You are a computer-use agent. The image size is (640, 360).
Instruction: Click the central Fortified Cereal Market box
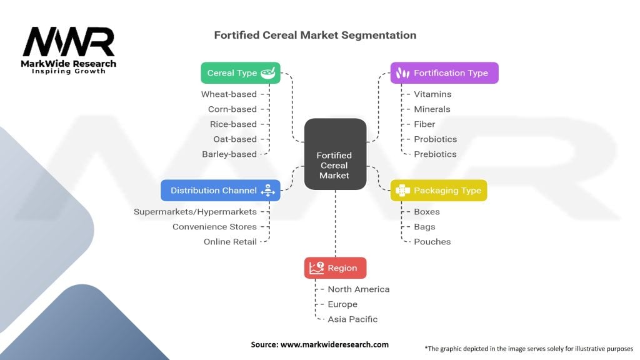[x=335, y=154]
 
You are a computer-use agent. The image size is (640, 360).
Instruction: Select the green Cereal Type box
[x=241, y=73]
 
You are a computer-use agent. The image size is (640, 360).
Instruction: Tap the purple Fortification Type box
[x=444, y=73]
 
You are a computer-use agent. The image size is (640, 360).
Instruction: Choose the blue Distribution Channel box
[x=221, y=191]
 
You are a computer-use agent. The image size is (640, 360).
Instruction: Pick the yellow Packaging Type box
[x=439, y=191]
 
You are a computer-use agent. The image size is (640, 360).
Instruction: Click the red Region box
[x=335, y=268]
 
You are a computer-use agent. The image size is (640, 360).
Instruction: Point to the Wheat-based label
[x=229, y=94]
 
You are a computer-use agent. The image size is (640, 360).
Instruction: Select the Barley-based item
[x=229, y=154]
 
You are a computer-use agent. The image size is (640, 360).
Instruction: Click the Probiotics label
[x=436, y=139]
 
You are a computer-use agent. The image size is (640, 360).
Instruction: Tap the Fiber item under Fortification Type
[x=424, y=124]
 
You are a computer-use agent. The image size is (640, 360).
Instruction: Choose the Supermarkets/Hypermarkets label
[x=195, y=212]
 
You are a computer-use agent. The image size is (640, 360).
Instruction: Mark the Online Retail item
[x=230, y=242]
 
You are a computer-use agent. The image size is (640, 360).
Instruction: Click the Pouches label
[x=432, y=242]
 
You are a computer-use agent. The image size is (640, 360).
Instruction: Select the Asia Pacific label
[x=352, y=319]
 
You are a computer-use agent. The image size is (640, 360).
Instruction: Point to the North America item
[x=359, y=289]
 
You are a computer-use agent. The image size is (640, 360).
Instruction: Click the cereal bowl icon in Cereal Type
[x=268, y=73]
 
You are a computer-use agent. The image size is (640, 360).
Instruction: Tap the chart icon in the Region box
[x=316, y=268]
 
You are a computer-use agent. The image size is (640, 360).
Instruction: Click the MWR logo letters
[x=69, y=42]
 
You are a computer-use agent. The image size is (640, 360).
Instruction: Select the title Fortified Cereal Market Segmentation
[x=315, y=35]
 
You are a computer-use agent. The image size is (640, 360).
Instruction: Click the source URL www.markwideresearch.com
[x=335, y=344]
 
